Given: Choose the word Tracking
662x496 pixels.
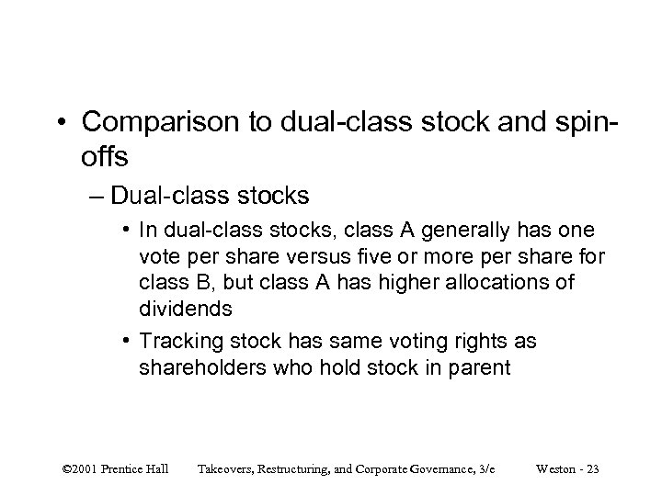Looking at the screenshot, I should click(x=176, y=342).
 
